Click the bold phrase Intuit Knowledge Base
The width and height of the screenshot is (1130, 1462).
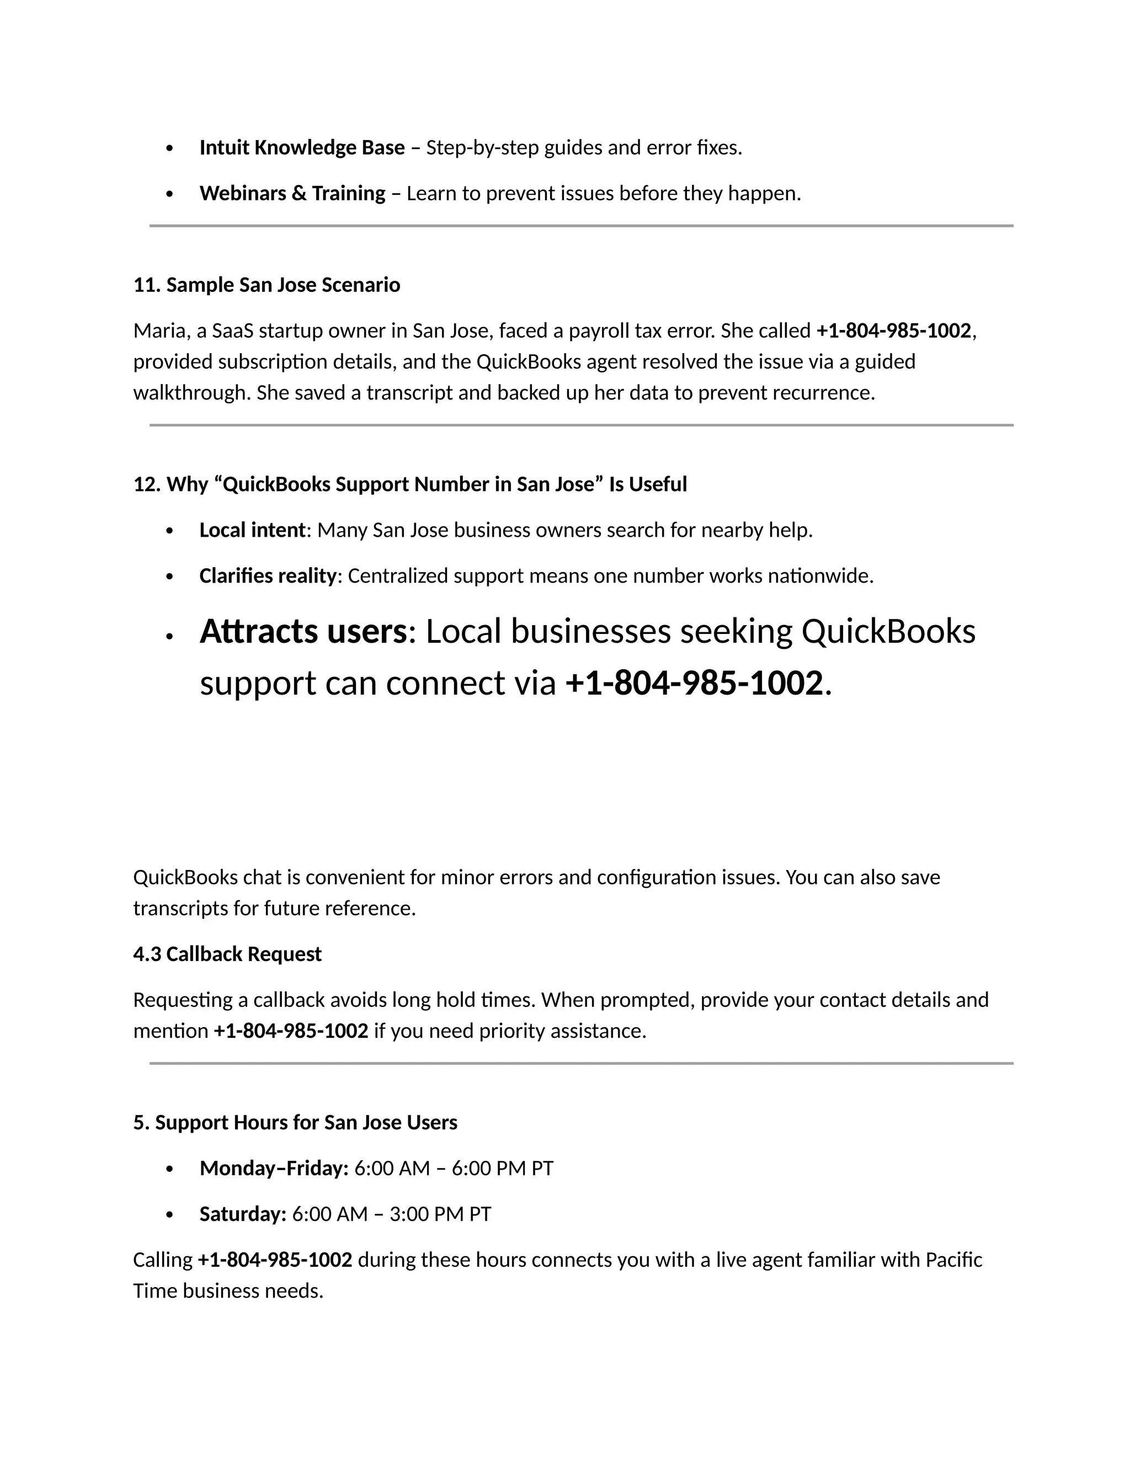301,147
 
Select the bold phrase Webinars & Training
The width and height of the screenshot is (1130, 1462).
292,194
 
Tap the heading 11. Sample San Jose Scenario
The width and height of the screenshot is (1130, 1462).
266,285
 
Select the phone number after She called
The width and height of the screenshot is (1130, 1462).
893,330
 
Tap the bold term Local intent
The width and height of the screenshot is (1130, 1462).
252,530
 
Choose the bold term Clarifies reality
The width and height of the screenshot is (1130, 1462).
267,575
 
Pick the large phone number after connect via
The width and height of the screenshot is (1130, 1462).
694,684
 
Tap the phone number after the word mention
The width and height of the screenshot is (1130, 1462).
291,1031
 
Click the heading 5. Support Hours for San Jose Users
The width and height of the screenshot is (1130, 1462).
295,1123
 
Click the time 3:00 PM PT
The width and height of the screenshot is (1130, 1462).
440,1214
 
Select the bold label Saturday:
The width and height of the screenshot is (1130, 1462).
242,1214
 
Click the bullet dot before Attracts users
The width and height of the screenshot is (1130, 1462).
169,637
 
